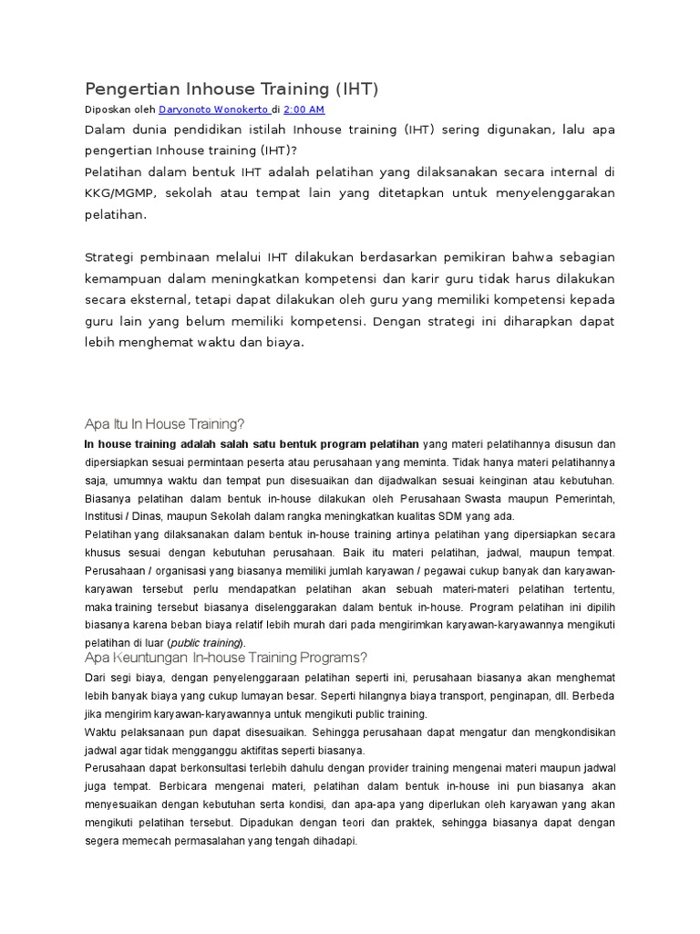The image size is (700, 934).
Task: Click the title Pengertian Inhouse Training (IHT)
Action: (x=231, y=88)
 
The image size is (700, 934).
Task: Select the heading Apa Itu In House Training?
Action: (x=164, y=424)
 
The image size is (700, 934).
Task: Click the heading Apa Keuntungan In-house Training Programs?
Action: (x=225, y=658)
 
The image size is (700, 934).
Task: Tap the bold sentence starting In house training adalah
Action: (x=252, y=444)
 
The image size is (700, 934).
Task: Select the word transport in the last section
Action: (x=477, y=696)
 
